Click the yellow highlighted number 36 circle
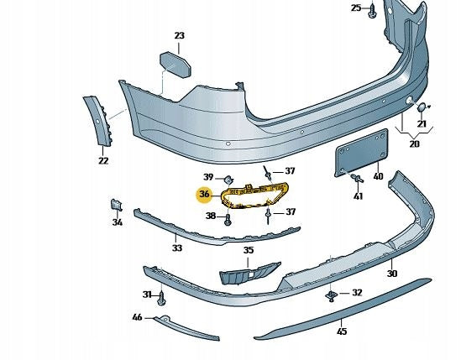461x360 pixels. tap(204, 194)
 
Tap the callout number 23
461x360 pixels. tap(180, 35)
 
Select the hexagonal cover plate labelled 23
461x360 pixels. tap(175, 65)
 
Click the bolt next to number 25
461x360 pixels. tap(372, 11)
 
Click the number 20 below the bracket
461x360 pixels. tap(414, 144)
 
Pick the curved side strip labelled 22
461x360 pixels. tap(97, 121)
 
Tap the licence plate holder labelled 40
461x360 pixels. tap(362, 153)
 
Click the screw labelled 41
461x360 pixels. tap(357, 178)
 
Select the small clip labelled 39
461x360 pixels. tap(228, 180)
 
